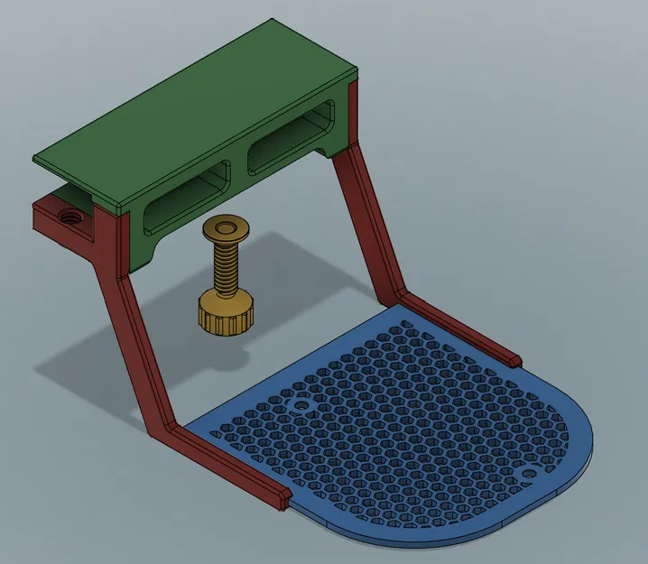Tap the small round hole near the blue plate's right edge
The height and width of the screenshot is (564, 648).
pyautogui.click(x=530, y=473)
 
